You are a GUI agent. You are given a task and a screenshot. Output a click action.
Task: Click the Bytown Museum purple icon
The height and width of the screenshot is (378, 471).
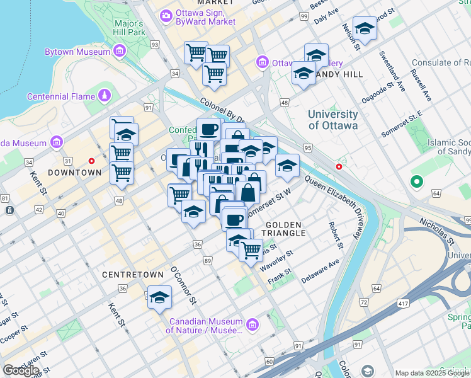pyautogui.click(x=120, y=52)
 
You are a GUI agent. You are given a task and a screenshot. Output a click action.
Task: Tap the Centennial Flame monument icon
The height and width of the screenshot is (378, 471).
pyautogui.click(x=104, y=96)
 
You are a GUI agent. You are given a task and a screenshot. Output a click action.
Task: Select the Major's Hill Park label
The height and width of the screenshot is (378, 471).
pyautogui.click(x=130, y=28)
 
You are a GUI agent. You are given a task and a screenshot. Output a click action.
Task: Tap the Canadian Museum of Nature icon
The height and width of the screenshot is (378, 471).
pyautogui.click(x=252, y=325)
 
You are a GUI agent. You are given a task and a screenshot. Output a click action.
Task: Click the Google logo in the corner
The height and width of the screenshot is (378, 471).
pyautogui.click(x=21, y=370)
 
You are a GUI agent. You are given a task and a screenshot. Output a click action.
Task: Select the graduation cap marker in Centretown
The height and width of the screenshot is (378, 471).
pyautogui.click(x=159, y=297)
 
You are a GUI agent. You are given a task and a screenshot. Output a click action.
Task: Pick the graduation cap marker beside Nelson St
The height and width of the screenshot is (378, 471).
pyautogui.click(x=365, y=28)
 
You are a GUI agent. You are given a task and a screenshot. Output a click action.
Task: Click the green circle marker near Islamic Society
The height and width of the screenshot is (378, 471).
pyautogui.click(x=416, y=183)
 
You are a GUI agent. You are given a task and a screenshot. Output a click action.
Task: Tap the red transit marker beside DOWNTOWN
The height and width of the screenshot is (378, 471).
pyautogui.click(x=91, y=161)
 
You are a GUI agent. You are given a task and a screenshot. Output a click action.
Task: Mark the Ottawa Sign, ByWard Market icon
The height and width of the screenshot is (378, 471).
pyautogui.click(x=166, y=14)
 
